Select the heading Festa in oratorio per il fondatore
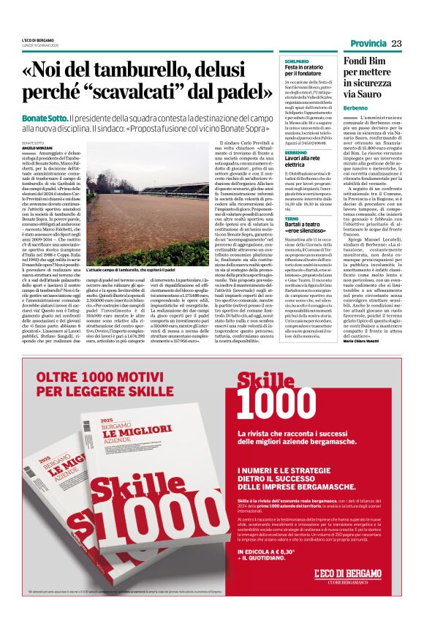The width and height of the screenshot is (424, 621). point(303,71)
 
